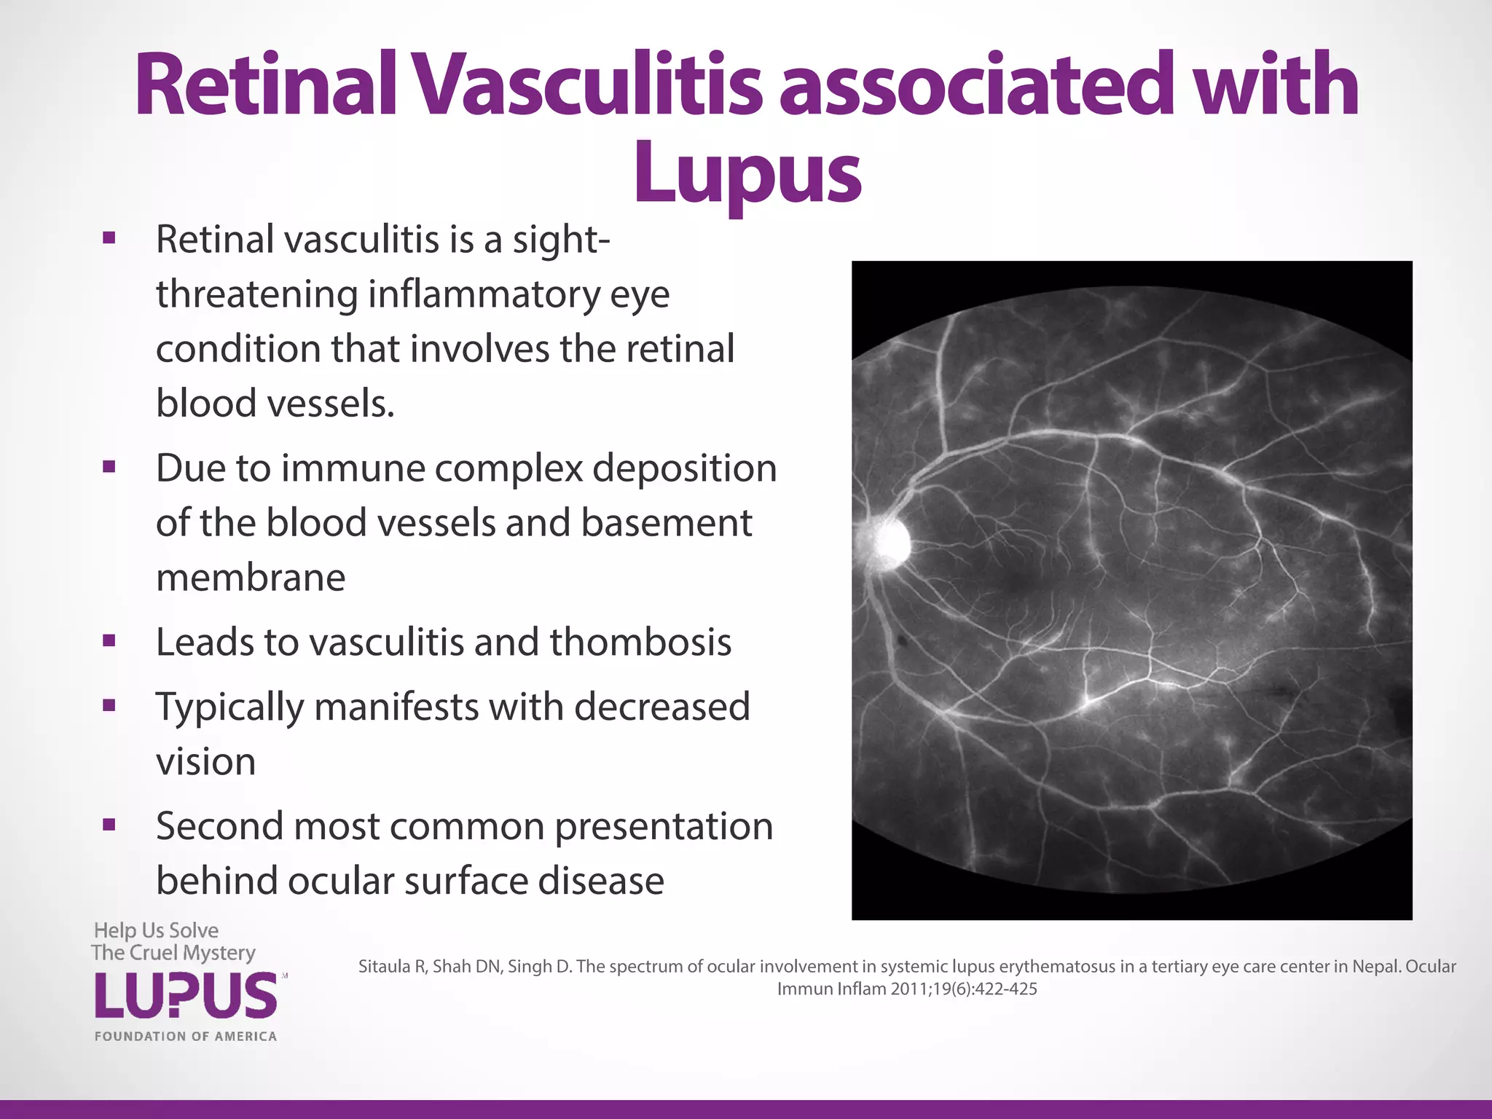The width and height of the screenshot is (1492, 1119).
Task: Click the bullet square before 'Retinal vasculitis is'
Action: (109, 238)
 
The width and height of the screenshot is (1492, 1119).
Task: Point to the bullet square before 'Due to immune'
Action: (109, 467)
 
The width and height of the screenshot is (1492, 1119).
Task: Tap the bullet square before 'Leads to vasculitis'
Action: (109, 641)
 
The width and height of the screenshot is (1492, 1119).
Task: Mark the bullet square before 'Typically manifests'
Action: (109, 705)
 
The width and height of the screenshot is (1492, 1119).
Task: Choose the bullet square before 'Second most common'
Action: (109, 825)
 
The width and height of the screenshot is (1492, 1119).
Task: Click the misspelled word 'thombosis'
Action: (640, 642)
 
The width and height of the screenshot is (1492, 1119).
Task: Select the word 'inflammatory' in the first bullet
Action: (484, 294)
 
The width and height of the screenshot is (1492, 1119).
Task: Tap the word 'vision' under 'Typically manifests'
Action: (205, 762)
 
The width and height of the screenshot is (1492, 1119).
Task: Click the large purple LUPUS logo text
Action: (186, 996)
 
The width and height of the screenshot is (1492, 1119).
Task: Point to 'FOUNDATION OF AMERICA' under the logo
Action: (186, 1036)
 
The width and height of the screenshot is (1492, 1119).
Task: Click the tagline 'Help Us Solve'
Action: (156, 930)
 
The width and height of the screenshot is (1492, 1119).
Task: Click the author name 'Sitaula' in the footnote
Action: (386, 967)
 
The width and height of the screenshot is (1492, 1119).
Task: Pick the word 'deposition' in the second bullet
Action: (684, 468)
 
